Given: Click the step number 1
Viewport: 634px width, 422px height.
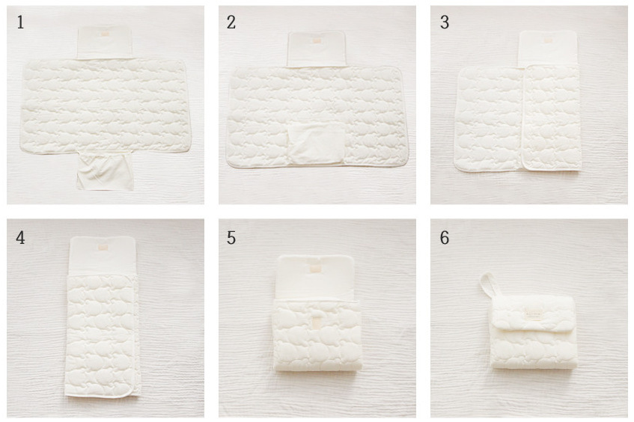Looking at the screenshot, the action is point(20,22).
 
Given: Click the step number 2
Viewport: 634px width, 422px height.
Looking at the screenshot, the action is point(231,22).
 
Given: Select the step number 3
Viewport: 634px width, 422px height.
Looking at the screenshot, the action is point(445,22).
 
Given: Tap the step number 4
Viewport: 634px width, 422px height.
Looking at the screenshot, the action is point(20,238).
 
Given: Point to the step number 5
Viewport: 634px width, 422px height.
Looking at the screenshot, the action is point(231,238).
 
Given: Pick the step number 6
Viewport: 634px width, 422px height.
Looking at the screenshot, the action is point(445,238).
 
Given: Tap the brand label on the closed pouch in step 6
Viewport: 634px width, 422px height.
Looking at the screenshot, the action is point(534,314).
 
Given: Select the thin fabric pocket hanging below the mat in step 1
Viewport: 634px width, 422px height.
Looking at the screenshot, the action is point(105,171).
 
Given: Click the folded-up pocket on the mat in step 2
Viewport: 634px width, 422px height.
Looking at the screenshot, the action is point(317,144).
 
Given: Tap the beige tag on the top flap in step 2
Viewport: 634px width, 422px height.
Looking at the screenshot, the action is point(317,41).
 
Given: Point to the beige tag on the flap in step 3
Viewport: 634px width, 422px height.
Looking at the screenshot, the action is point(548,40).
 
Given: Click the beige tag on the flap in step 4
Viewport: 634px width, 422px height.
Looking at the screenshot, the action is point(102,246).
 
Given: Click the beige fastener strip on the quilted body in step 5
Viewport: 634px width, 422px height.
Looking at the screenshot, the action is point(317,322).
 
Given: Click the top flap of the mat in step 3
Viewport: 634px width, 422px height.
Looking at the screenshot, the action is point(548,48).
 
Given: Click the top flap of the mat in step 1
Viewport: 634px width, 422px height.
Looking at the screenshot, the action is point(105,43).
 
